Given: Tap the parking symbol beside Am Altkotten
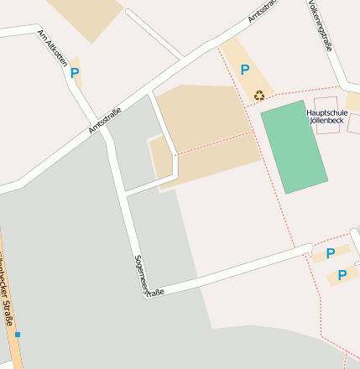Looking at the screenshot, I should pyautogui.click(x=75, y=73).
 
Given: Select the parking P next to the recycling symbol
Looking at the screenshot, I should pyautogui.click(x=244, y=70).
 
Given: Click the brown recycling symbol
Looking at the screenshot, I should pyautogui.click(x=259, y=95).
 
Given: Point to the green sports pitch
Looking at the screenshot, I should pyautogui.click(x=293, y=147).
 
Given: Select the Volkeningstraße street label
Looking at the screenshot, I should pyautogui.click(x=320, y=25).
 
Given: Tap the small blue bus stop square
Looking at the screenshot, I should pyautogui.click(x=17, y=335).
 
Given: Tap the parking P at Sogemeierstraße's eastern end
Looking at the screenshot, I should pyautogui.click(x=330, y=252).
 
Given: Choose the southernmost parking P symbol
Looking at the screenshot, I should pyautogui.click(x=342, y=274).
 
